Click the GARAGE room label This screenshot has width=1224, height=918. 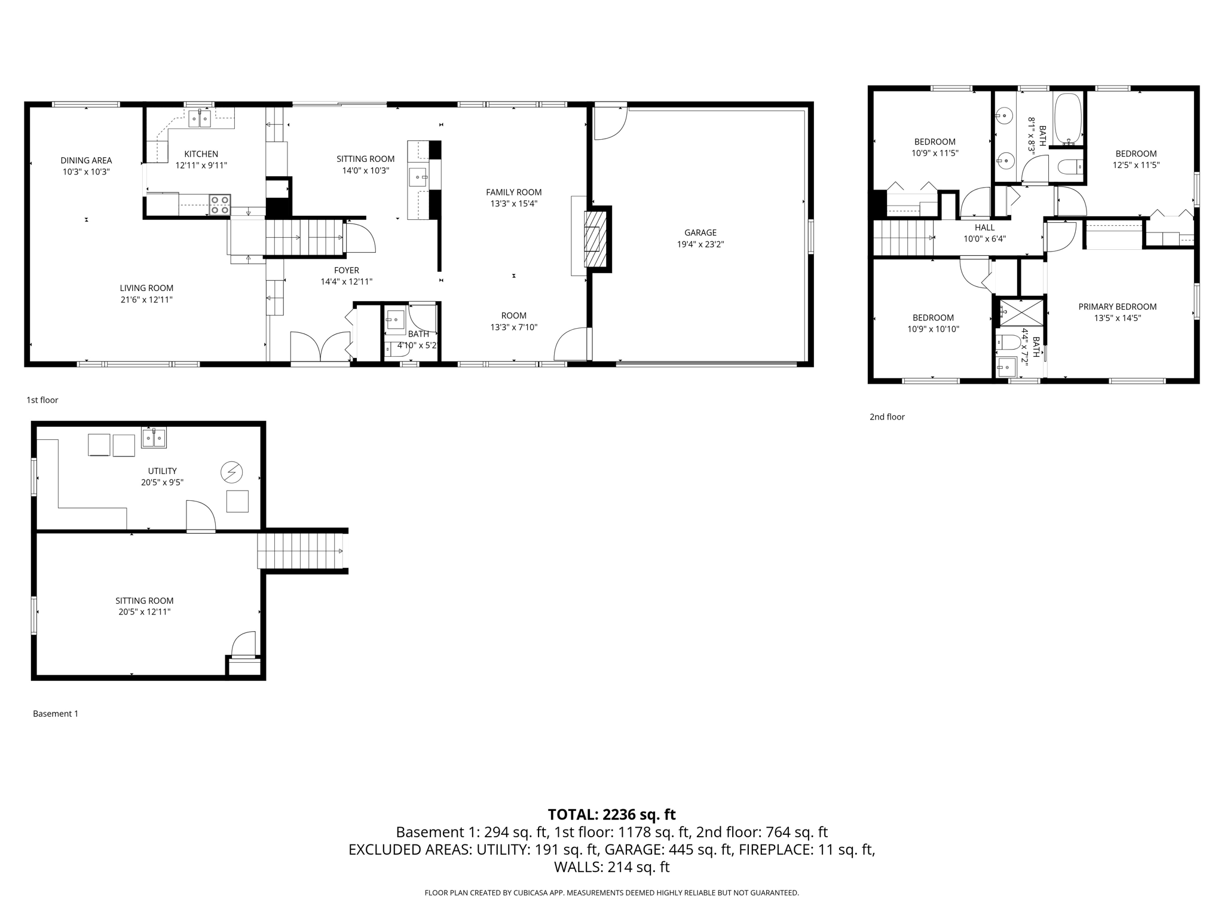(x=700, y=232)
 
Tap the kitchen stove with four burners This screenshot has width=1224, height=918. (x=219, y=204)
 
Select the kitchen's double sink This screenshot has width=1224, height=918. (x=200, y=119)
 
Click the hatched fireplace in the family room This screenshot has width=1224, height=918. (x=592, y=239)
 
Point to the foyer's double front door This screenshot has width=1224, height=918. (x=320, y=347)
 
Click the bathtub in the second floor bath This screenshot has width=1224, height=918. (x=1068, y=118)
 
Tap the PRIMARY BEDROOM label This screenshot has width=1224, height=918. (x=1117, y=307)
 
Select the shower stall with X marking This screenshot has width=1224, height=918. (x=1021, y=313)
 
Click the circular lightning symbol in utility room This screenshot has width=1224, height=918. (x=231, y=473)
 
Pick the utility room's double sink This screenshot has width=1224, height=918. (x=154, y=437)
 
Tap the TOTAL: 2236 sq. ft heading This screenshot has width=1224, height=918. (x=611, y=815)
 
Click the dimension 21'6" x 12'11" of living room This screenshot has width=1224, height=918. (x=146, y=300)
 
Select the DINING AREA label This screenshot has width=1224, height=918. (x=86, y=160)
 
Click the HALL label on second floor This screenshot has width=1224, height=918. (x=984, y=227)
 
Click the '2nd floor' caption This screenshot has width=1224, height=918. (x=887, y=417)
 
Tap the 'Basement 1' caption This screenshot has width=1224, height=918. (x=56, y=714)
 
